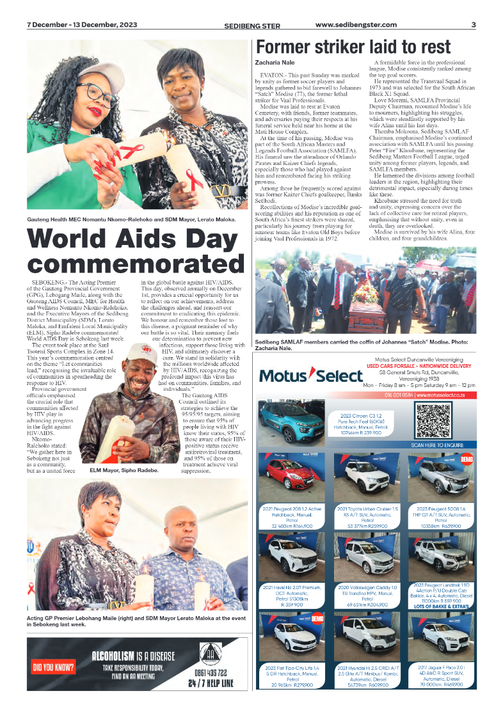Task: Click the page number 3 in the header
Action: click(x=473, y=25)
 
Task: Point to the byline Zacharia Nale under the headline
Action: click(x=275, y=63)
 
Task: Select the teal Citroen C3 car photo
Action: click(x=291, y=422)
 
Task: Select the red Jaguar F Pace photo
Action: click(x=440, y=637)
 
